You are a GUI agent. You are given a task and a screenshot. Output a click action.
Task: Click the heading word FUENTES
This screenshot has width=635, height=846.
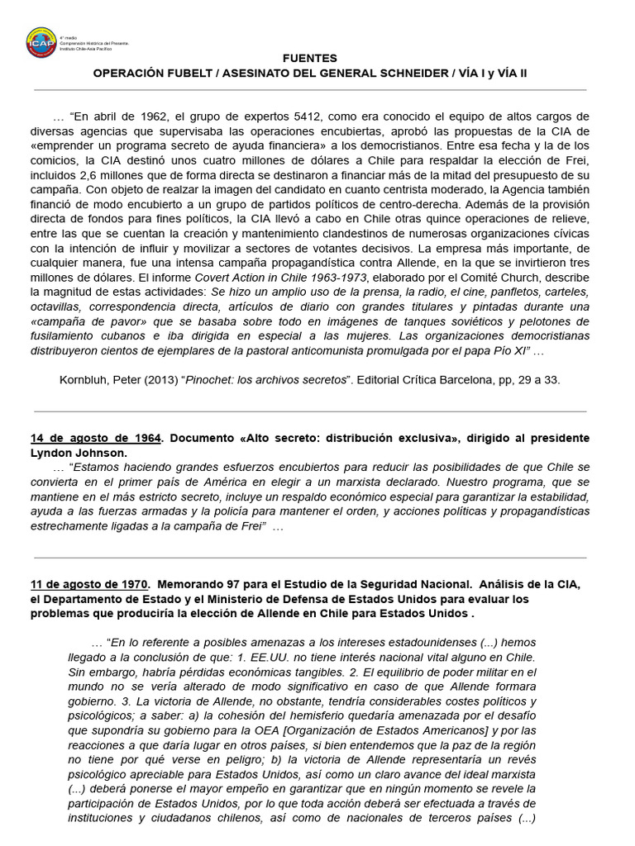click(310, 59)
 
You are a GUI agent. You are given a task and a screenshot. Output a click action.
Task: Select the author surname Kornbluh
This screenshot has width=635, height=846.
click(84, 380)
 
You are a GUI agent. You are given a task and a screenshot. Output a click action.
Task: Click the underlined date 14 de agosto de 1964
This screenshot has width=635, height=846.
click(94, 437)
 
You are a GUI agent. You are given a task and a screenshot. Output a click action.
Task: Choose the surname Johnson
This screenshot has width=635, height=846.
click(102, 452)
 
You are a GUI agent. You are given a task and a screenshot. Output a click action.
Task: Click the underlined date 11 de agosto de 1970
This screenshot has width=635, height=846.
click(89, 585)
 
